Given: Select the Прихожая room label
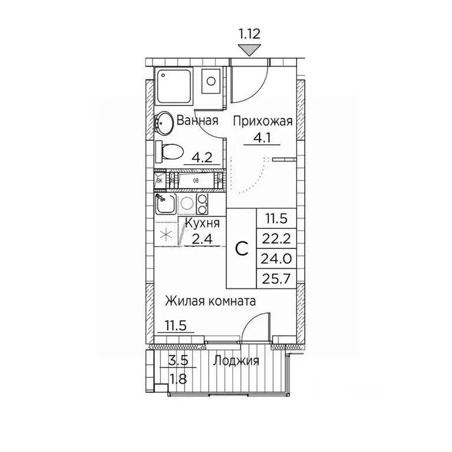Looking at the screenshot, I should [x=262, y=122].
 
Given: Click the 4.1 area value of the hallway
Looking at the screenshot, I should [x=255, y=141].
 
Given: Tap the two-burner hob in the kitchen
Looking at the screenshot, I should [x=202, y=204].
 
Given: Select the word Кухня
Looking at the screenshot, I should [x=202, y=224].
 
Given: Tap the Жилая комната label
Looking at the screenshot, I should [x=210, y=301].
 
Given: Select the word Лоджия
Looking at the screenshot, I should [x=237, y=361].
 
